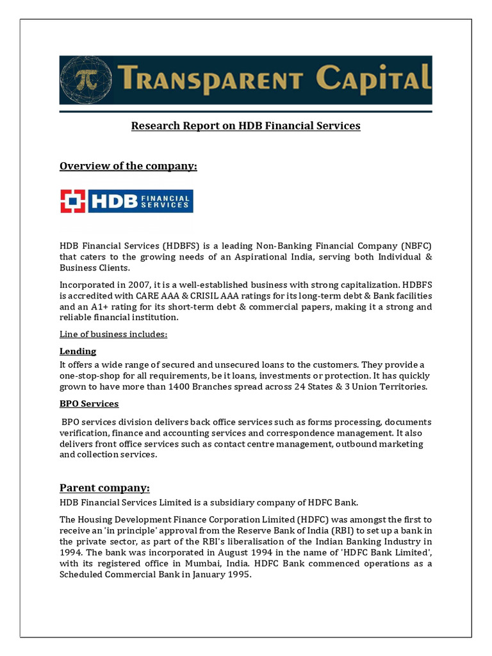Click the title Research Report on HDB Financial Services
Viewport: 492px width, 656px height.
246,126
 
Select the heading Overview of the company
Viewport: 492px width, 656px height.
128,167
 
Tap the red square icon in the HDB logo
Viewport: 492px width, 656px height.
73,201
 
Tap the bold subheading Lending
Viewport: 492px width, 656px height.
78,351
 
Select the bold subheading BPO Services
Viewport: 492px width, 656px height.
89,404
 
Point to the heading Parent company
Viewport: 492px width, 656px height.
104,487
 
